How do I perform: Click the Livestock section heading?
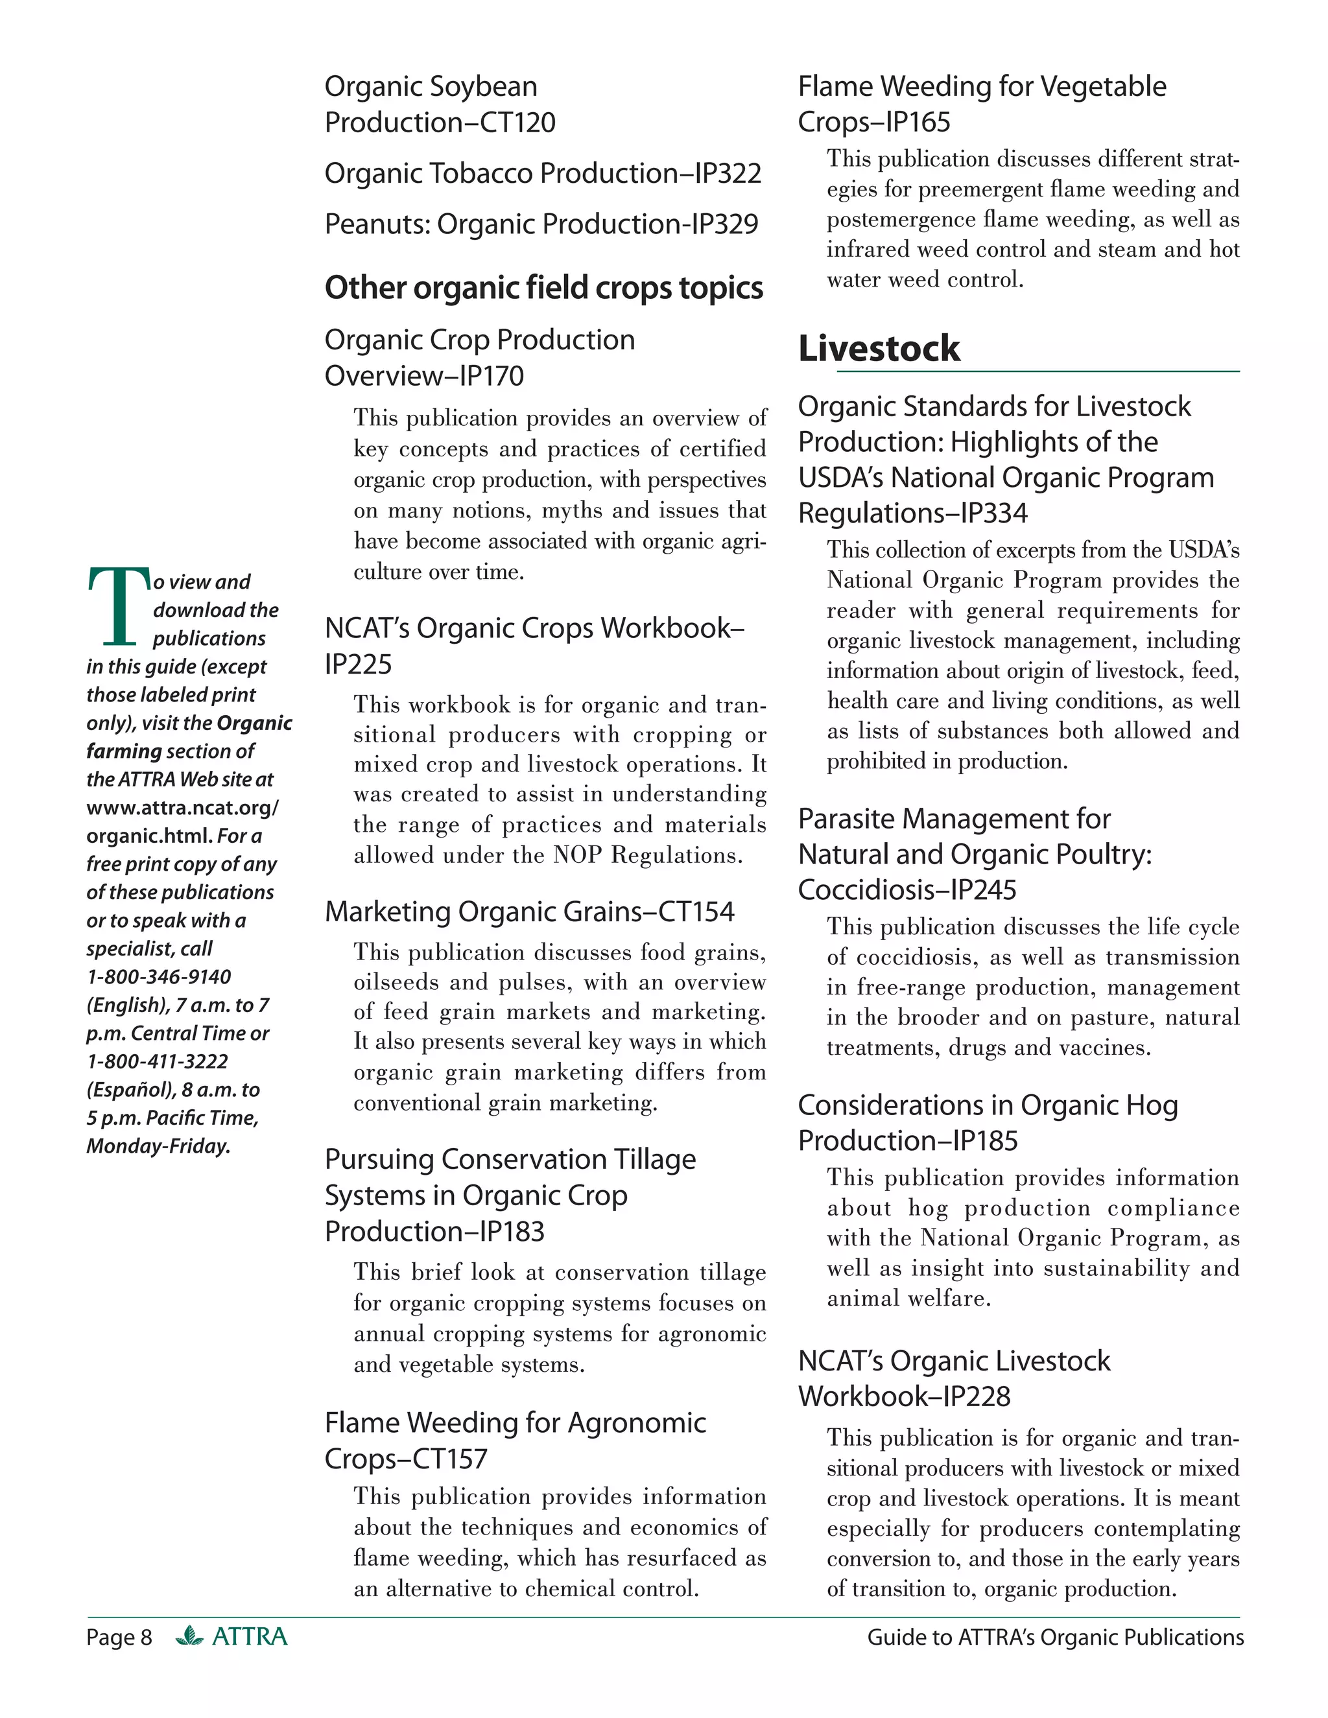click(878, 349)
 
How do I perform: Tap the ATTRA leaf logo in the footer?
click(189, 1636)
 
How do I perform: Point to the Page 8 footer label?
click(119, 1637)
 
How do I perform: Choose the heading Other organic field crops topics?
click(543, 288)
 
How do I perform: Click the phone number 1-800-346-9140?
click(158, 976)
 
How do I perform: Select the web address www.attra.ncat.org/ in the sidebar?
click(182, 807)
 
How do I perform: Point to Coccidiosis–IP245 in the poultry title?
click(907, 889)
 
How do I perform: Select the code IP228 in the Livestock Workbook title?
click(977, 1396)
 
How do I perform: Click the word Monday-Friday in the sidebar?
click(158, 1146)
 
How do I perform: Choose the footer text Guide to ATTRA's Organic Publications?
click(1054, 1637)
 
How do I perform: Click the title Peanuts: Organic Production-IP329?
click(541, 224)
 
